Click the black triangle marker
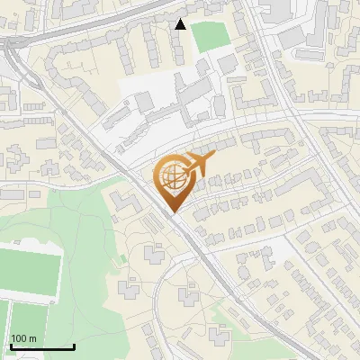[x=181, y=24]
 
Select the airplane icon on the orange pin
[x=198, y=165]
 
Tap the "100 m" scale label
[x=23, y=338]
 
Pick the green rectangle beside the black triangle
[x=210, y=36]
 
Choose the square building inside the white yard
[x=144, y=102]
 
